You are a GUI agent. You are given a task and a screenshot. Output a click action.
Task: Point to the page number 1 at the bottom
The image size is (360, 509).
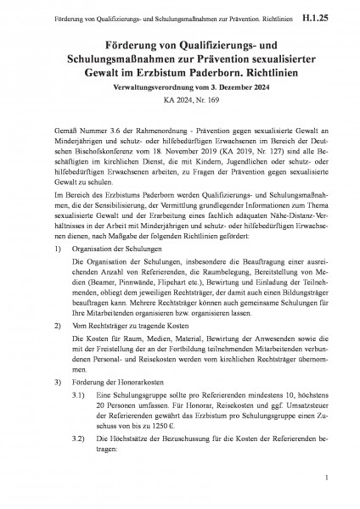point(325,479)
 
